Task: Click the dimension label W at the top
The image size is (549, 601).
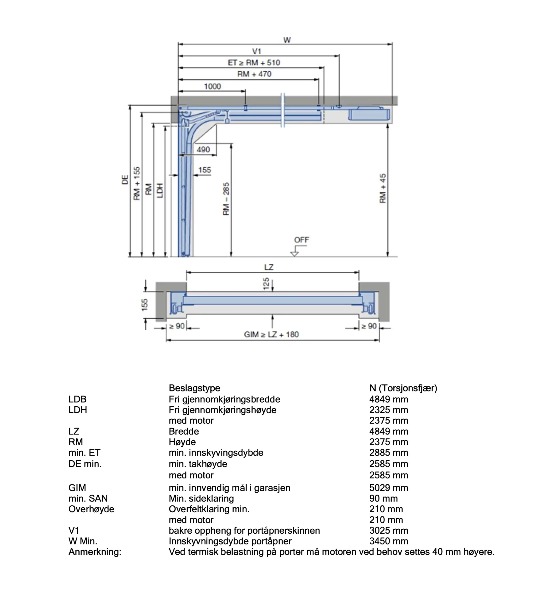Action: point(287,40)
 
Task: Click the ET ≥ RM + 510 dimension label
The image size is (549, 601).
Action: point(254,63)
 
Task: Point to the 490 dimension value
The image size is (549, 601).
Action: point(203,149)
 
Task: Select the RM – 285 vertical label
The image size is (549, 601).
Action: point(226,199)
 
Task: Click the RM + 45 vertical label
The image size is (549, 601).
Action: point(383,189)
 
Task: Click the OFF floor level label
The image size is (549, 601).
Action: point(302,240)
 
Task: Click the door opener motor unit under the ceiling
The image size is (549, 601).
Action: point(369,114)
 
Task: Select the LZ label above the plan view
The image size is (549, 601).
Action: point(269,267)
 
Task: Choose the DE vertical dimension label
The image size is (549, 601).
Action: point(125,180)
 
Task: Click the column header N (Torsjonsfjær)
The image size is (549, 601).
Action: point(403,388)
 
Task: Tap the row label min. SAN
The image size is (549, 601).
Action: point(88,498)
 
